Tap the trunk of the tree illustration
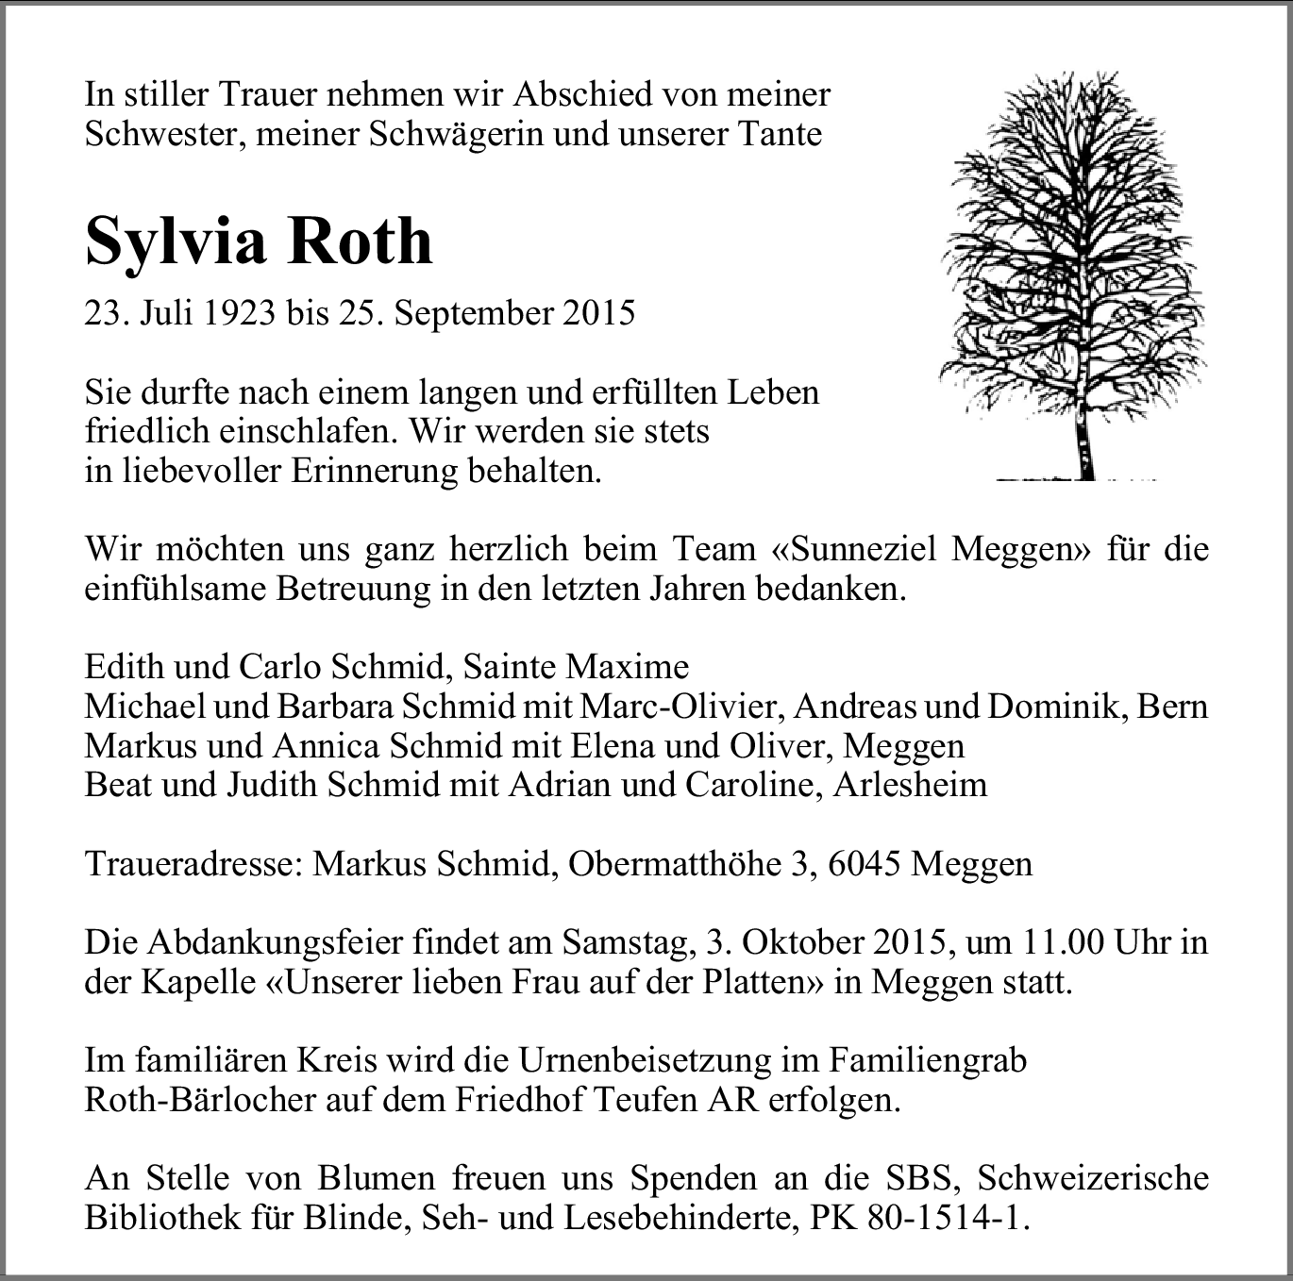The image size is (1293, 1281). (1085, 443)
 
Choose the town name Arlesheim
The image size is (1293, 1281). (910, 785)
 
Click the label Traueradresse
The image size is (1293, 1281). (193, 864)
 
